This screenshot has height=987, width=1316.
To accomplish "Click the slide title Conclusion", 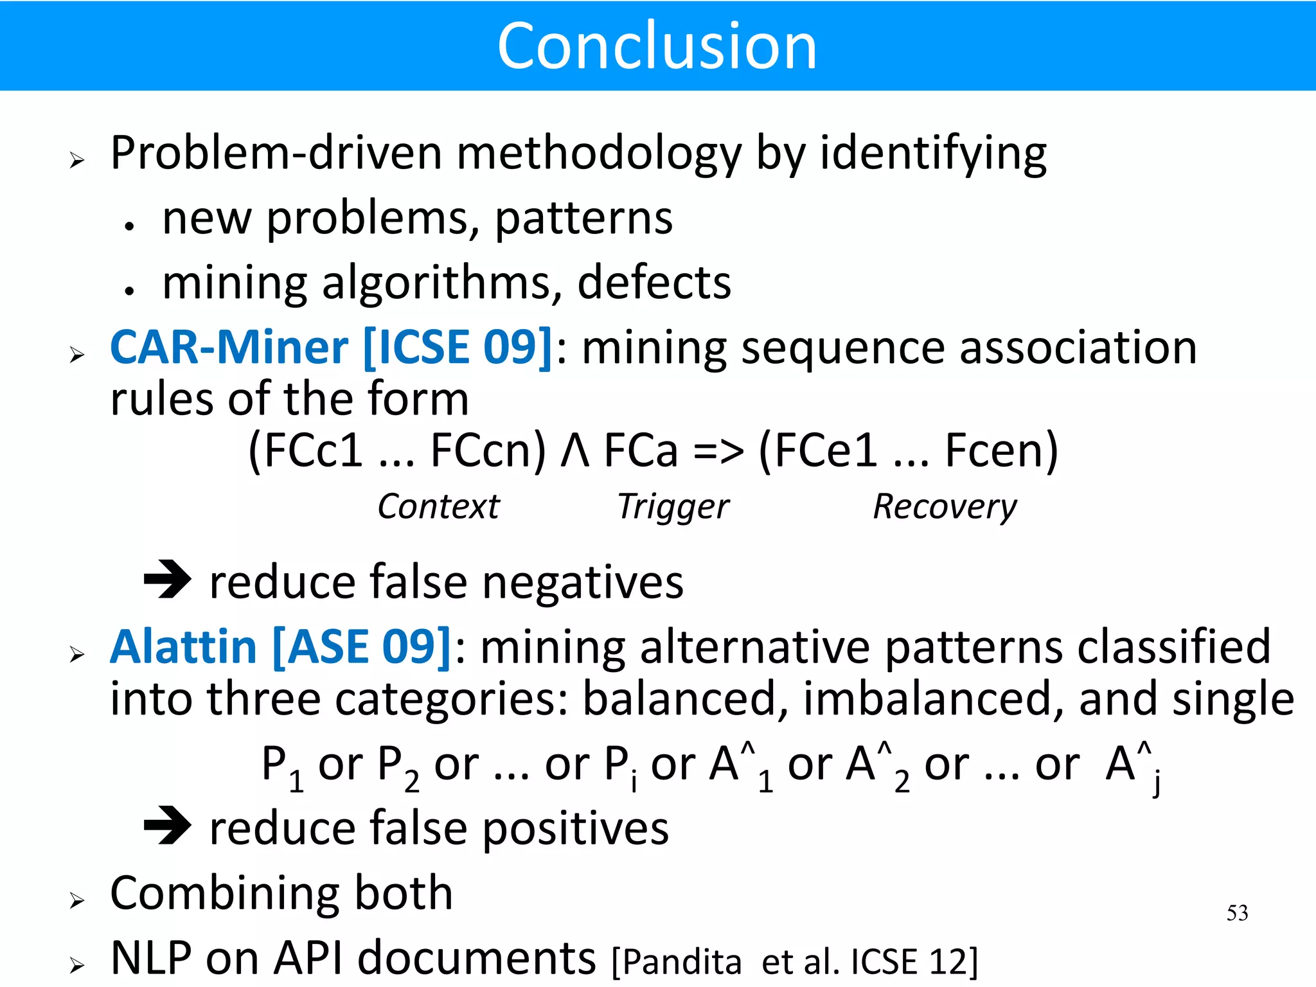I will click(x=657, y=46).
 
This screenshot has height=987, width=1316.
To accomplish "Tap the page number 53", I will click(x=1237, y=913).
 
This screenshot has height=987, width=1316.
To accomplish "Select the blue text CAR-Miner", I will click(x=229, y=348).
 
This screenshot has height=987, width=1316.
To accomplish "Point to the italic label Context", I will click(x=438, y=506).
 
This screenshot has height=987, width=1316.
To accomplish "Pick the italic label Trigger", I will click(x=673, y=507).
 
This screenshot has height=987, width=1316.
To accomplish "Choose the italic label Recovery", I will click(x=945, y=507).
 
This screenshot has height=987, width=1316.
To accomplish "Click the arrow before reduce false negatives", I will click(x=167, y=579).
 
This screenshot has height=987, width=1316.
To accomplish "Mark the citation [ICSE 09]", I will click(x=458, y=348).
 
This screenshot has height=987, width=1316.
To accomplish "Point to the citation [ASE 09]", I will click(x=362, y=646).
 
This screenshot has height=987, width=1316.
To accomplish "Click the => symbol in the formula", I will click(x=718, y=451).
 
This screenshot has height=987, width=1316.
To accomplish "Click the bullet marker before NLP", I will click(x=77, y=965).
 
